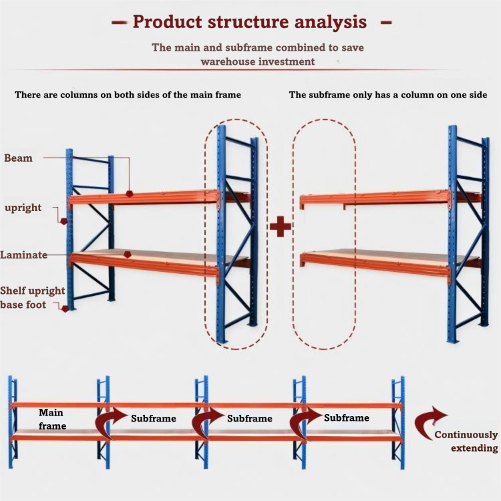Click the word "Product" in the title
tap(168, 22)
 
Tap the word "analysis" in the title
tap(331, 22)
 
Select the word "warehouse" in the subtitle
tap(228, 61)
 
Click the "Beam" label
tap(18, 158)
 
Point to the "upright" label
tap(23, 208)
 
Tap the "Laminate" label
tap(23, 255)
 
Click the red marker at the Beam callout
tap(130, 193)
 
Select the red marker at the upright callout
tap(64, 221)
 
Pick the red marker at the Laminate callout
tap(128, 255)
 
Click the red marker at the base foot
tap(65, 309)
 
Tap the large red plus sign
tap(280, 226)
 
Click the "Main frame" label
tap(52, 420)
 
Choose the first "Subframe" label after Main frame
tap(154, 418)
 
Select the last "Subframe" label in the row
tap(346, 417)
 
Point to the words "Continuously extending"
tap(466, 442)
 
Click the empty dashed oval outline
tap(293, 233)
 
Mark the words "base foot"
tap(23, 305)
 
